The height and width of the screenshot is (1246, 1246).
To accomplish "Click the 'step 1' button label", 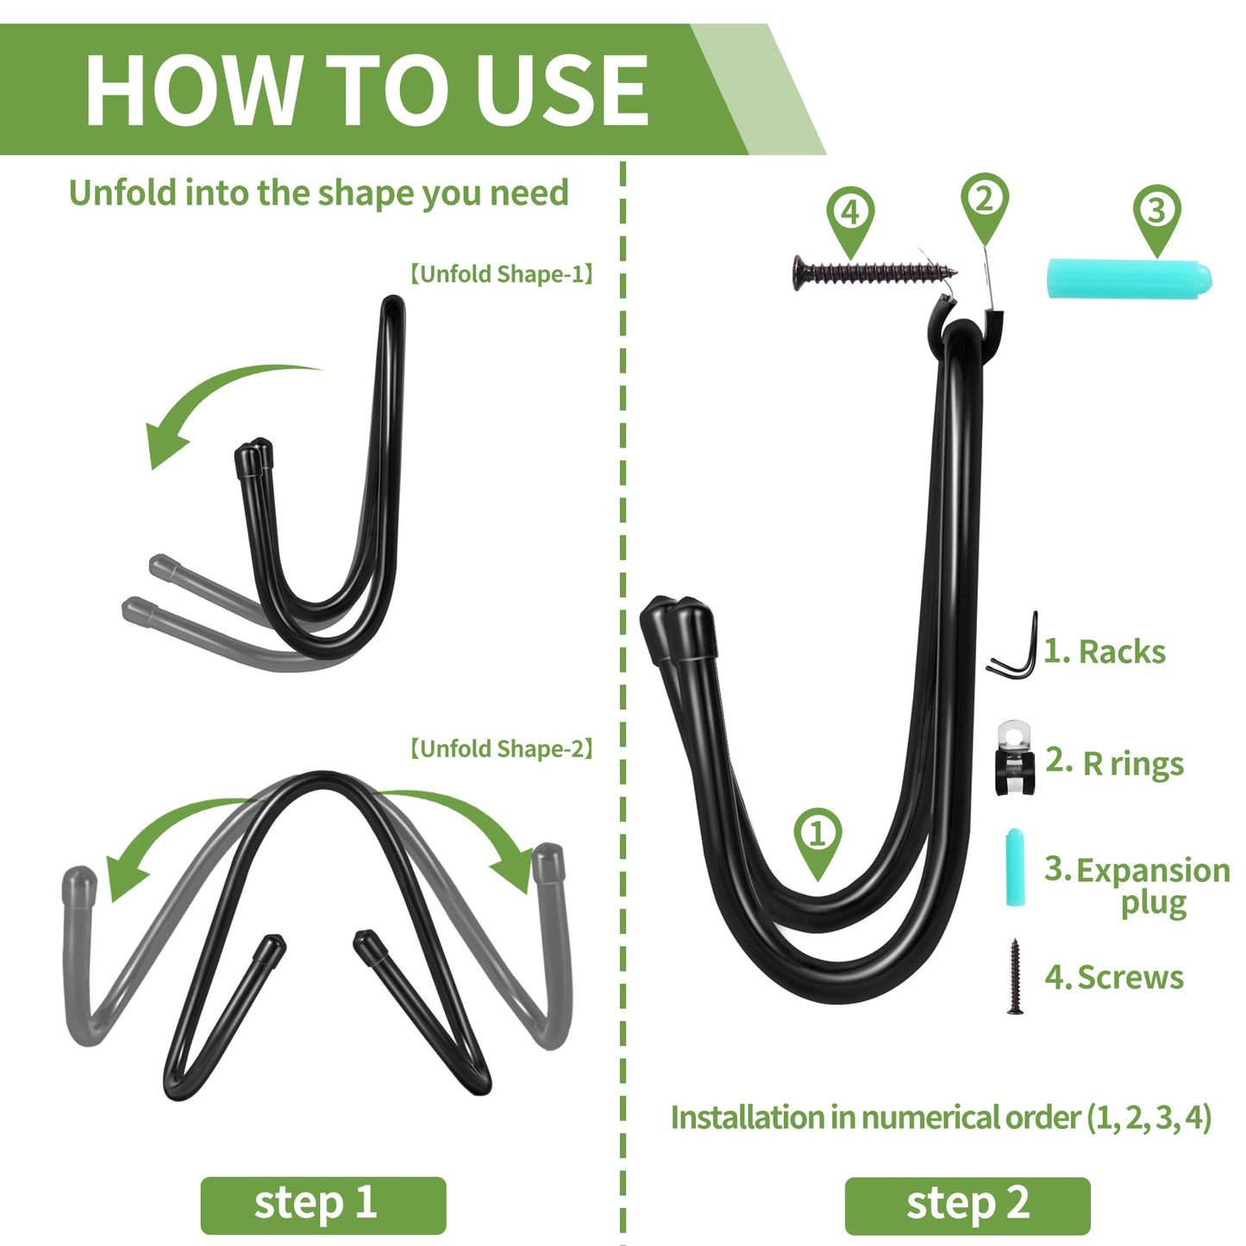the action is pyautogui.click(x=316, y=1202).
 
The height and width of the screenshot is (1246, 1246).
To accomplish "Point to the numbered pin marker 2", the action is pyautogui.click(x=984, y=207).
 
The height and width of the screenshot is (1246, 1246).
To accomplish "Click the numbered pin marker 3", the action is pyautogui.click(x=1157, y=218).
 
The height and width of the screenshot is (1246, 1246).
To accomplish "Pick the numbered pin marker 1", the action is pyautogui.click(x=817, y=842).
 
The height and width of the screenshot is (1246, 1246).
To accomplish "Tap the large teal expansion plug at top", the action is pyautogui.click(x=1129, y=279).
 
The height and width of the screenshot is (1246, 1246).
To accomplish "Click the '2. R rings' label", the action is pyautogui.click(x=1114, y=763).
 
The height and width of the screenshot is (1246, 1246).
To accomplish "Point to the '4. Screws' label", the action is pyautogui.click(x=1114, y=977).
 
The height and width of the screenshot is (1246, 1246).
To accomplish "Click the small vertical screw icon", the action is pyautogui.click(x=1015, y=976).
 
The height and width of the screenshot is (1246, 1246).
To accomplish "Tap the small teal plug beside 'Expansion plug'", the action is pyautogui.click(x=1015, y=867).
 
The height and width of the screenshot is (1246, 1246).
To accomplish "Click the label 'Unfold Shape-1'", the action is pyautogui.click(x=502, y=274).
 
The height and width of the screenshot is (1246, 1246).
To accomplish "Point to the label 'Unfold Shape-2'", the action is pyautogui.click(x=502, y=748).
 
